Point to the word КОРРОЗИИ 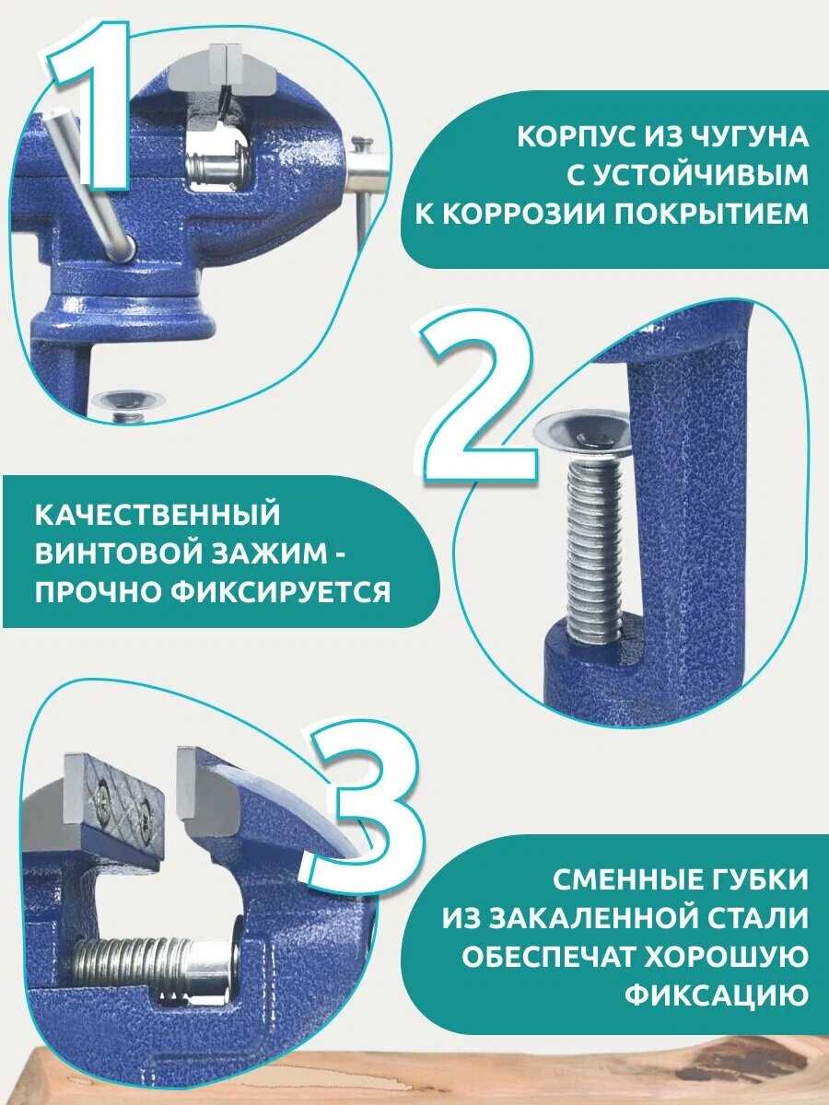pyautogui.click(x=513, y=215)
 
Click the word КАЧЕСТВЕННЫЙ pyautogui.click(x=157, y=514)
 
